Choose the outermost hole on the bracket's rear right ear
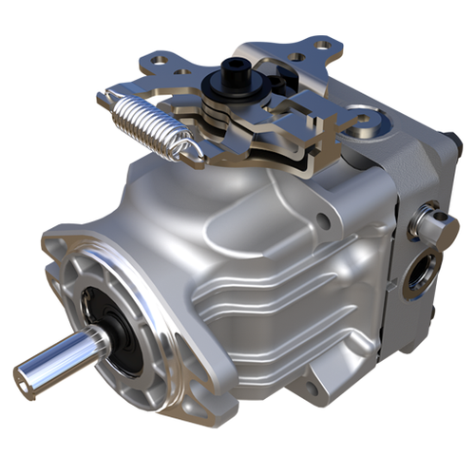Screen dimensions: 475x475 (x=323, y=45)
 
